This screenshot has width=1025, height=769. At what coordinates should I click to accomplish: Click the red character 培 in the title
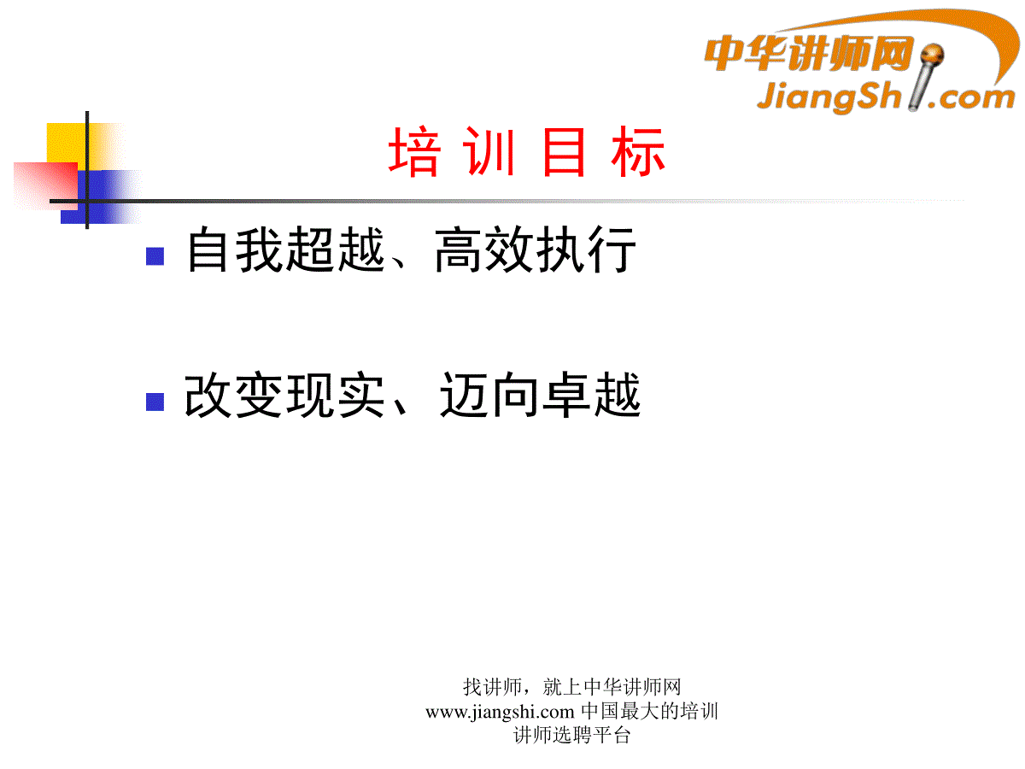(413, 151)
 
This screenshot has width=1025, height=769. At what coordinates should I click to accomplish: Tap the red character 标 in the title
(638, 151)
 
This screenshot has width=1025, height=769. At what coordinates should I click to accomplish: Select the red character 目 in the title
(563, 152)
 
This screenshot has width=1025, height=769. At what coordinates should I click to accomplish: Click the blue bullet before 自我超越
(155, 255)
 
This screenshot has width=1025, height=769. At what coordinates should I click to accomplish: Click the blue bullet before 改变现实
(155, 402)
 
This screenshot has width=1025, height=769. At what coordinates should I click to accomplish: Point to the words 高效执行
(536, 249)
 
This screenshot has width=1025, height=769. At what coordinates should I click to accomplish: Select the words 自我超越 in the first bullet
(286, 249)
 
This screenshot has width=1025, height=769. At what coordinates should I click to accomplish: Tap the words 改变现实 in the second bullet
(284, 395)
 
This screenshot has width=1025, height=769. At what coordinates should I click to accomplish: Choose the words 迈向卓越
(540, 395)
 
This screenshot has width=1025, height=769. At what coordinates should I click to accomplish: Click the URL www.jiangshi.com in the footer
(500, 712)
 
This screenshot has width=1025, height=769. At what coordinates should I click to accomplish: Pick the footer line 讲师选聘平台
(571, 736)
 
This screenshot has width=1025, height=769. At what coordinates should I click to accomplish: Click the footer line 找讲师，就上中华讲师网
(571, 687)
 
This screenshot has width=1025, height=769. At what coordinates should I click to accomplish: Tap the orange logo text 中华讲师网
(809, 54)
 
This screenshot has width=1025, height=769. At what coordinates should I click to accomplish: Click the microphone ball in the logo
(932, 55)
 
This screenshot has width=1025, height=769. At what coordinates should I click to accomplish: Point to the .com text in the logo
(971, 98)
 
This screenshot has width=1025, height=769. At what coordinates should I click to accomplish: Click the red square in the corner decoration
(46, 185)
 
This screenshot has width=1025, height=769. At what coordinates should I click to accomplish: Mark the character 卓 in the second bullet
(566, 395)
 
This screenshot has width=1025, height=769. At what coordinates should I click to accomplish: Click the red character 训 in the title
(489, 151)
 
